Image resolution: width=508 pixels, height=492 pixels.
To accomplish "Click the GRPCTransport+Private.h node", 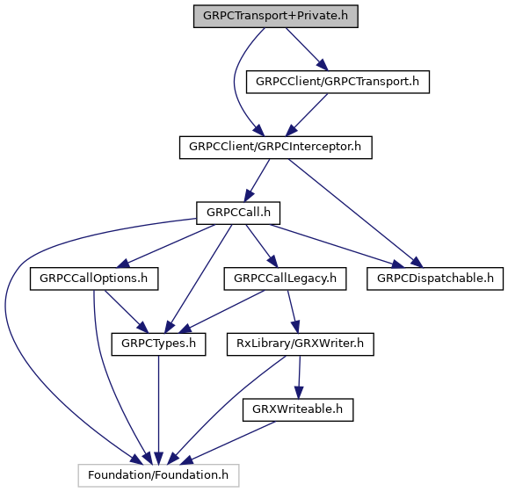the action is coord(276,16).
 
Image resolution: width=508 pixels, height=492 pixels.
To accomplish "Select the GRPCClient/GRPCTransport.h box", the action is coord(337,82).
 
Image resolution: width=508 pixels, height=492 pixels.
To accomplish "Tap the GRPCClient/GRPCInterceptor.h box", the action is coord(276,148).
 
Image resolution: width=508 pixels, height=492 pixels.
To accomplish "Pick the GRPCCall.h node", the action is coord(238,213).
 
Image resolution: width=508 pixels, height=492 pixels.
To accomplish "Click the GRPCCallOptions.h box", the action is coord(94,279).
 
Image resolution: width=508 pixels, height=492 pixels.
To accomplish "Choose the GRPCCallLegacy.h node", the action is coord(285,279).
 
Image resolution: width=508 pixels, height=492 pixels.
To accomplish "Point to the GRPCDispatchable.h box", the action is coord(435,279).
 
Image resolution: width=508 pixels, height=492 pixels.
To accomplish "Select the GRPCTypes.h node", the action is coord(158,344).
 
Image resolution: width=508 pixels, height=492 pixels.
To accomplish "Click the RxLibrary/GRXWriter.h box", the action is coord(301,344).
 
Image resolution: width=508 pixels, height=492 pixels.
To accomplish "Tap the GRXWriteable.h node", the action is coord(298,410).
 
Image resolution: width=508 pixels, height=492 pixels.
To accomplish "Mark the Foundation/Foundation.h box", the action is coord(158,475).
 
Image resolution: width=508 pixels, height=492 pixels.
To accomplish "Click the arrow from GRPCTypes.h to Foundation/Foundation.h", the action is coord(158,409).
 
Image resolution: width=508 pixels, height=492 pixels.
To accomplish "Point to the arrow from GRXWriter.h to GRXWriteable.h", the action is coord(299,377).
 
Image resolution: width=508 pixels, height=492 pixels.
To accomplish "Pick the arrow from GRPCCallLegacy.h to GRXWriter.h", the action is coord(294,312).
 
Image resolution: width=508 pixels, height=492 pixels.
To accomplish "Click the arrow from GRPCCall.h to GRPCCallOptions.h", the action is coord(165,246).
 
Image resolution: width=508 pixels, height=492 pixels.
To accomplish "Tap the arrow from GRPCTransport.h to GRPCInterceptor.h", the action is coord(307,115).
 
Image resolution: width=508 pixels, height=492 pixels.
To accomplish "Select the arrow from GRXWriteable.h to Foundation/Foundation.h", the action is coord(227,443).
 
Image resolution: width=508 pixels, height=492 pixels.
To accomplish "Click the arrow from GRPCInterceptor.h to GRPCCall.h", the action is coord(257,180).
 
